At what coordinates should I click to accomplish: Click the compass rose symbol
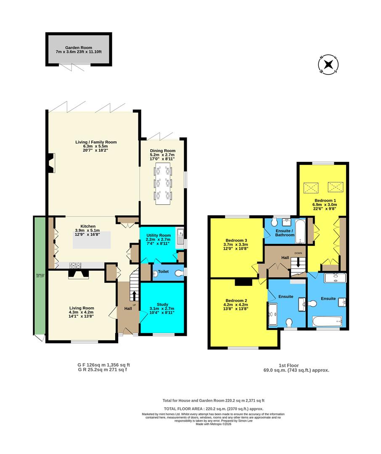(328, 64)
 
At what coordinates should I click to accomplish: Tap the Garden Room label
(78, 48)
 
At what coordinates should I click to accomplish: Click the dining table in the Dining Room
(162, 183)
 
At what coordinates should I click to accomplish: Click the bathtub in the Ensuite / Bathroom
(300, 231)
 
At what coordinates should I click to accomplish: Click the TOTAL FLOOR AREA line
(213, 409)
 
